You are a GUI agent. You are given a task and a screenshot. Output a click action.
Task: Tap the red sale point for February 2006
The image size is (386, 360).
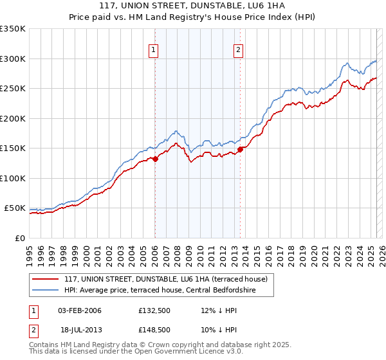point(155,159)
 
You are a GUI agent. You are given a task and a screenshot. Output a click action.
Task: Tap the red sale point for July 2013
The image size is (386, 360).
point(240,149)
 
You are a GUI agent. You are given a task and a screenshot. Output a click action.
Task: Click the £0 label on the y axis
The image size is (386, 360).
point(19,238)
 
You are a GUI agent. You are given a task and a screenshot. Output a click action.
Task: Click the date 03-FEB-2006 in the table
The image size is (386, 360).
point(80,310)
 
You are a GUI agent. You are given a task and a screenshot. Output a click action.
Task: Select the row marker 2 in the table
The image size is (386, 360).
point(33,329)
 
